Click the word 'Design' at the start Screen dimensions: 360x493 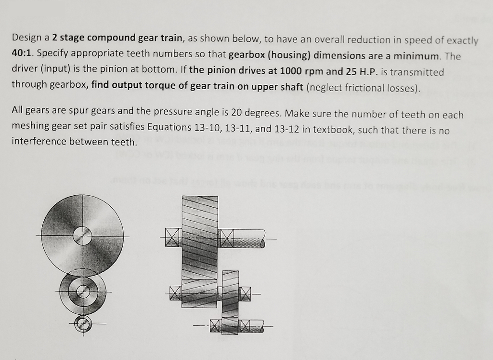click(x=27, y=38)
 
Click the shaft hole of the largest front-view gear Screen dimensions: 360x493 click(x=82, y=236)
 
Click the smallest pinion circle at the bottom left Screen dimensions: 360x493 click(x=83, y=323)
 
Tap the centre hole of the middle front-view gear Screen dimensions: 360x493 click(x=83, y=292)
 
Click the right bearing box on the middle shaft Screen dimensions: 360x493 click(x=245, y=293)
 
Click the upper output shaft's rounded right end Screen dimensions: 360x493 click(x=262, y=238)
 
